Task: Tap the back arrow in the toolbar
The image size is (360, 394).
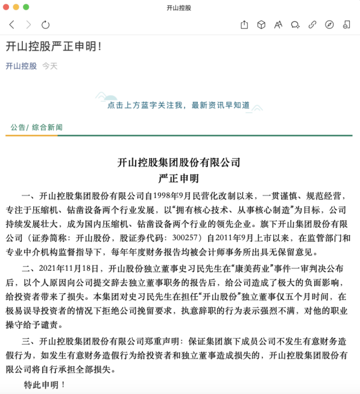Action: pos(11,25)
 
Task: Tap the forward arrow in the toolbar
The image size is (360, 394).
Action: pos(28,25)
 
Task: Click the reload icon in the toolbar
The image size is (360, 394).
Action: pos(45,25)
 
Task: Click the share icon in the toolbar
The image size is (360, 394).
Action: pos(244,25)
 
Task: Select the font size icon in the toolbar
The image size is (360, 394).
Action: pos(278,25)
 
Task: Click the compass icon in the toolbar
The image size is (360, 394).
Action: pos(329,25)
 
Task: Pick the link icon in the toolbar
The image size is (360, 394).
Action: pos(312,25)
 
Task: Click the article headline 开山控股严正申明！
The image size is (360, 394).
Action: pos(54,46)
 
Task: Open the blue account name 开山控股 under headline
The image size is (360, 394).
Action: pos(21,66)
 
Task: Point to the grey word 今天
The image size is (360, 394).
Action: pos(50,66)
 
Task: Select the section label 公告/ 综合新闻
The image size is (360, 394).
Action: pos(37,127)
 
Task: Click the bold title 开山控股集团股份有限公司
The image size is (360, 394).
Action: pos(178,162)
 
